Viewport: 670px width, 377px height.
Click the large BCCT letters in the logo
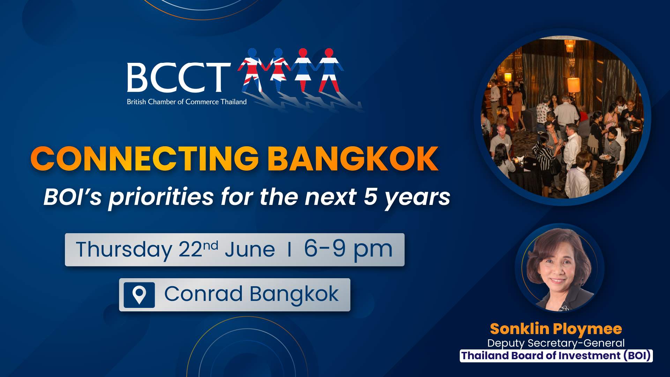click(x=178, y=77)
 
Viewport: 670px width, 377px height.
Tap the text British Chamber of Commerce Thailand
click(x=187, y=102)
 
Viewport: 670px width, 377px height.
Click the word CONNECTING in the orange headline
click(x=144, y=159)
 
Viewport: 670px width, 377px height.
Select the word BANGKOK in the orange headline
click(x=353, y=159)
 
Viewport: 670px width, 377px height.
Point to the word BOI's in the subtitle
click(x=73, y=197)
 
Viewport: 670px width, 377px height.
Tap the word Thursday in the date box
click(x=124, y=250)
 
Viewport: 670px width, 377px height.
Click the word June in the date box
click(x=250, y=250)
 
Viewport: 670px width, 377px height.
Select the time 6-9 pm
click(x=348, y=249)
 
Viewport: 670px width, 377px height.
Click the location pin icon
click(x=139, y=295)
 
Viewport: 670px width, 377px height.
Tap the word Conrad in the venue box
click(x=203, y=294)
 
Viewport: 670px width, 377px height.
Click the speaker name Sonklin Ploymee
click(x=556, y=329)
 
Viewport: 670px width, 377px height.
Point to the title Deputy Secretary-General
click(x=556, y=343)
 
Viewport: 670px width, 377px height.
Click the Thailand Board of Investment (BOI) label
click(x=556, y=356)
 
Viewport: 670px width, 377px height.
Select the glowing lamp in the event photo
click(x=574, y=85)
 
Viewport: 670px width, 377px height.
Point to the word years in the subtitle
click(x=417, y=198)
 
